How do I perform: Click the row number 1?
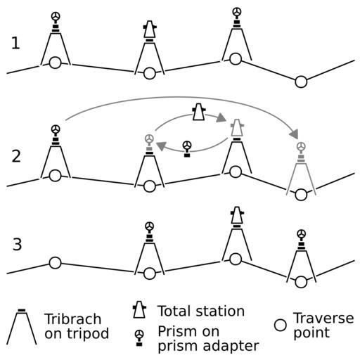tap(15, 43)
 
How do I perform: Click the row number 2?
tap(16, 156)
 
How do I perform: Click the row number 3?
tap(17, 244)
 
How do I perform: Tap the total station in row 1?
tap(150, 30)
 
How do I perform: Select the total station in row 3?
tap(237, 215)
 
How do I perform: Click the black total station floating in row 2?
tap(199, 112)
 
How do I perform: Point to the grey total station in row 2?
tap(237, 128)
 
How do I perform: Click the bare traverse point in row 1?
tap(301, 82)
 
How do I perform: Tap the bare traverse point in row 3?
tap(56, 263)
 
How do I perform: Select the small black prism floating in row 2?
tap(187, 149)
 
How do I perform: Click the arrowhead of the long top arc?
tap(294, 134)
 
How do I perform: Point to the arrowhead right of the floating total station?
tap(221, 117)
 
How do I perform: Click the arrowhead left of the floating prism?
tap(161, 146)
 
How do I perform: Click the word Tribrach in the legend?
tap(73, 319)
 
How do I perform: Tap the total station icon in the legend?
tap(139, 309)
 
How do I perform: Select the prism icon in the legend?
tap(139, 337)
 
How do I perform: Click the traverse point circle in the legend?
tap(281, 325)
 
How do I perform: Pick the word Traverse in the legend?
tap(323, 318)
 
